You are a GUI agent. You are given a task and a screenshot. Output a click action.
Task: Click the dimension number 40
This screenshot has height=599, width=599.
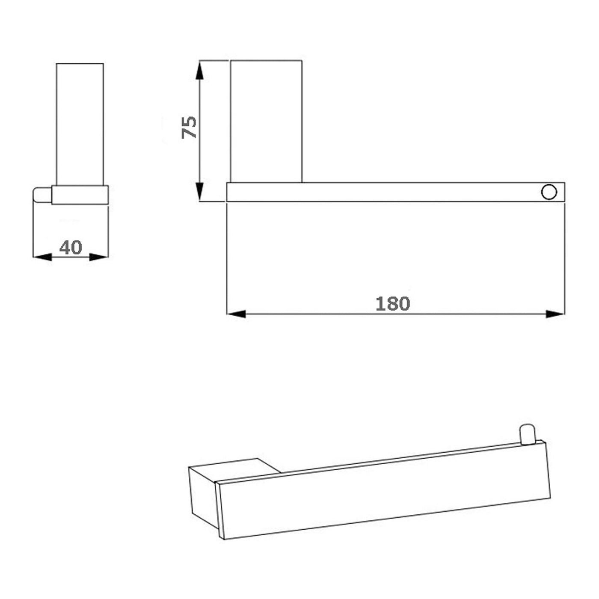(x=71, y=247)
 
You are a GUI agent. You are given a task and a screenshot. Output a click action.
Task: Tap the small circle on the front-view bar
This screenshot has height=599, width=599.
(x=549, y=192)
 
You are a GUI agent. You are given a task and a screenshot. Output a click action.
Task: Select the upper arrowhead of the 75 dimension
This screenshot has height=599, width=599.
(x=199, y=70)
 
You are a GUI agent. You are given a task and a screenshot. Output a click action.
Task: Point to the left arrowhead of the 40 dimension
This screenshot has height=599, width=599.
(x=42, y=257)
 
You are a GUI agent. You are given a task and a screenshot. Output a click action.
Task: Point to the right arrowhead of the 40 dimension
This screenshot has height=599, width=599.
(x=99, y=257)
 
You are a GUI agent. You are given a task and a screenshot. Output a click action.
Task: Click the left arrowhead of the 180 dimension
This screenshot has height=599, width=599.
(x=236, y=314)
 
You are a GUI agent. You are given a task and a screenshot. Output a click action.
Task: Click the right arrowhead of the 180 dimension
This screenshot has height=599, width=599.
(x=555, y=314)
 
